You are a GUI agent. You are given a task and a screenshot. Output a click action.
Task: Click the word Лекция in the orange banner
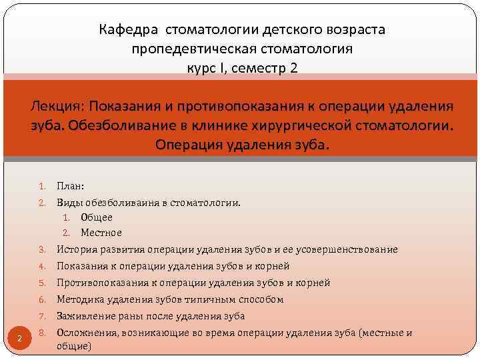tap(57, 107)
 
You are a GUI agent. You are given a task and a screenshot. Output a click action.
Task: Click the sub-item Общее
tap(97, 217)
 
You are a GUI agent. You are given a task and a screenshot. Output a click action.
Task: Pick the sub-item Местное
tap(101, 233)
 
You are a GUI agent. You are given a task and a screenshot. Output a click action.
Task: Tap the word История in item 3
tap(75, 249)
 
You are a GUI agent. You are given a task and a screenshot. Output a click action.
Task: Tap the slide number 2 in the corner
tap(20, 339)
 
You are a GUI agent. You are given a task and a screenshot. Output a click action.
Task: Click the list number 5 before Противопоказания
tap(41, 283)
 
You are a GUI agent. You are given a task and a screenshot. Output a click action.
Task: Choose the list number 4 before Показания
tap(41, 266)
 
